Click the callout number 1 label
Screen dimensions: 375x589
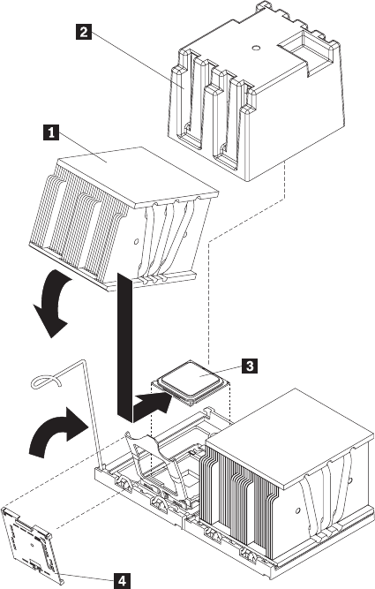click(x=51, y=132)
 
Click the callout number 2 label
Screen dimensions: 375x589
click(x=83, y=32)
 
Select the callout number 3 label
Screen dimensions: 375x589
click(x=250, y=365)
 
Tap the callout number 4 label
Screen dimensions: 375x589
click(x=121, y=581)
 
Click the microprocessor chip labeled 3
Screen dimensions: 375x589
click(x=192, y=382)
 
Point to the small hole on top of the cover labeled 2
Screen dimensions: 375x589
click(x=256, y=48)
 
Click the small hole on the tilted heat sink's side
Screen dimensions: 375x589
click(x=136, y=241)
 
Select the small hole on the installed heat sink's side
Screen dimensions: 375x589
click(x=298, y=510)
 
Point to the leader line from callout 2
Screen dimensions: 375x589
click(x=137, y=60)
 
